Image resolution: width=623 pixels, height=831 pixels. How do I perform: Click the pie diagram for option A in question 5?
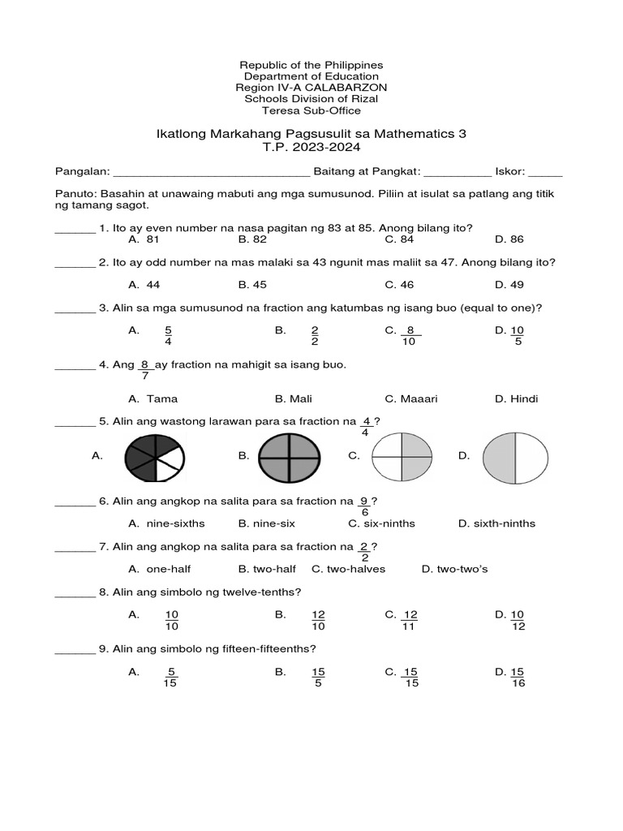point(155,456)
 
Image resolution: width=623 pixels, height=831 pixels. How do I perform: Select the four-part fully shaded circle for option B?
point(290,456)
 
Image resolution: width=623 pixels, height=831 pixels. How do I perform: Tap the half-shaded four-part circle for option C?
point(402,456)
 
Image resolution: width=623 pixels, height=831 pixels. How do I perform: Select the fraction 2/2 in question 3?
point(316,336)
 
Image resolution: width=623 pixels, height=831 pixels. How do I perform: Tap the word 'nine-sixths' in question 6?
point(175,523)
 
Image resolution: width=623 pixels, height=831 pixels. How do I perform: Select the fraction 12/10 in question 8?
point(318,621)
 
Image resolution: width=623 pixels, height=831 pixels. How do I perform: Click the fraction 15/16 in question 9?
point(518,678)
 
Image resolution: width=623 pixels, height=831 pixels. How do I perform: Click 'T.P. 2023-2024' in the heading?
point(311,148)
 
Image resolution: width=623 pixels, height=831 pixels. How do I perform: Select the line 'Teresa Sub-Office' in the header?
point(311,110)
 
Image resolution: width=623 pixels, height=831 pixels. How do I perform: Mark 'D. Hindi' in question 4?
point(516,398)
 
